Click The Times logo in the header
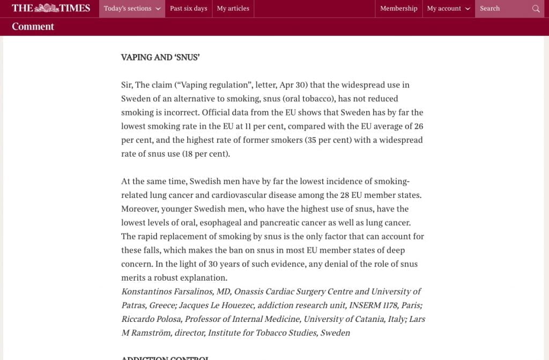pos(51,8)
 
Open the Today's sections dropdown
pos(132,9)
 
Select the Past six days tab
pos(188,9)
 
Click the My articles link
pos(233,9)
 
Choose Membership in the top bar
pos(398,9)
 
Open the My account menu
pos(448,9)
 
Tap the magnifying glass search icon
pos(536,9)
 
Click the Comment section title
pos(33,26)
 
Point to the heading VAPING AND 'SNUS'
pos(160,57)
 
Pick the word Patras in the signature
pos(134,305)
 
